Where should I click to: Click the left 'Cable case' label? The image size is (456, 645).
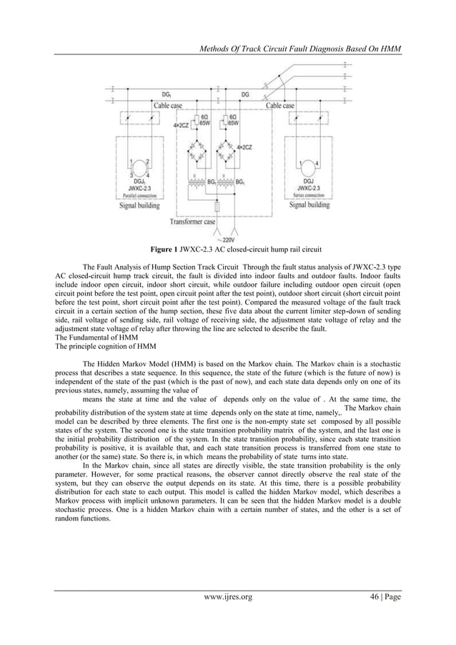[x=168, y=106]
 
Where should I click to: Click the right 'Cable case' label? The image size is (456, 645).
[x=279, y=106]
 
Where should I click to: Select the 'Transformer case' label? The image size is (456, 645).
[x=192, y=222]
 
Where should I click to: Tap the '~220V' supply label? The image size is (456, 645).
[x=229, y=240]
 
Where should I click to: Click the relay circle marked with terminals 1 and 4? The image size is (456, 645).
[x=307, y=169]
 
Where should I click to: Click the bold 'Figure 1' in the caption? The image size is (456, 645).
[x=164, y=250]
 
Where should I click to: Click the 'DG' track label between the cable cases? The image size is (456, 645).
[x=245, y=94]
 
